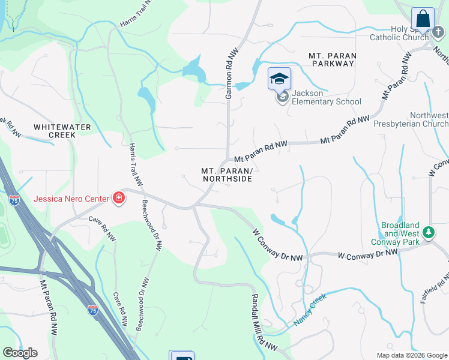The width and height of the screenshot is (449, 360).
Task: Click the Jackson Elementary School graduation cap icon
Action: tap(279, 79)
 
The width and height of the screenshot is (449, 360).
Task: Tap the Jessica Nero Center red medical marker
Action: tap(118, 198)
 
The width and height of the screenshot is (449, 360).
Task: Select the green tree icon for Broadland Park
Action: tap(429, 232)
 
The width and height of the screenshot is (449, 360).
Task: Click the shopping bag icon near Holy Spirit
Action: tap(423, 18)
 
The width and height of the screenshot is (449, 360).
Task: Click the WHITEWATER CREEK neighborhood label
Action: tap(62, 131)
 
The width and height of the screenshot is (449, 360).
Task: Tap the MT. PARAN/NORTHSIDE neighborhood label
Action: tap(226, 175)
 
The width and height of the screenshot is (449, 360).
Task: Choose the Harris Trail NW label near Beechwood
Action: tap(135, 164)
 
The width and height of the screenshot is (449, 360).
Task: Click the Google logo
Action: tap(20, 353)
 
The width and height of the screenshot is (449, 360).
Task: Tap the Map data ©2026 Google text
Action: tap(412, 355)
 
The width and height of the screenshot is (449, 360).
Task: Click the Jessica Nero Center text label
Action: tap(71, 199)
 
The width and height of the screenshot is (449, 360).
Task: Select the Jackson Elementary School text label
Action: tap(326, 97)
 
